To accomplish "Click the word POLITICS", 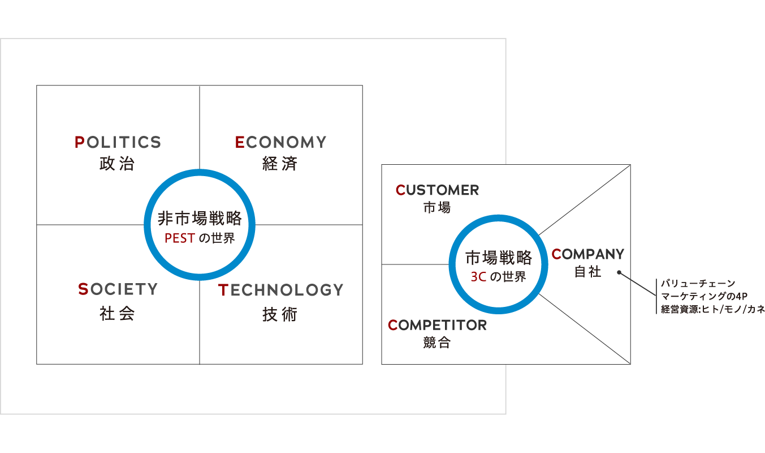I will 118,142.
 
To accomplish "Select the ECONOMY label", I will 280,142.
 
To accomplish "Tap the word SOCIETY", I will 118,289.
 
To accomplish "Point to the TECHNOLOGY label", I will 280,290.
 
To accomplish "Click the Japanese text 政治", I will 118,164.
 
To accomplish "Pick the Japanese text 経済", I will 280,164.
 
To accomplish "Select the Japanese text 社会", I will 118,314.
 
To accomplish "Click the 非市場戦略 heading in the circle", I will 200,218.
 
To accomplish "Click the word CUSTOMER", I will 438,190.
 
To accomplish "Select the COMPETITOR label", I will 438,325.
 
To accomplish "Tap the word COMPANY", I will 588,254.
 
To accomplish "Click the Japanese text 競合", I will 437,343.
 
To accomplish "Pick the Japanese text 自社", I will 588,272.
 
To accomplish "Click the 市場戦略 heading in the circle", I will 499,258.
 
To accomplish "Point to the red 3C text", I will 478,277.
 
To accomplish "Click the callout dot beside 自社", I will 619,272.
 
